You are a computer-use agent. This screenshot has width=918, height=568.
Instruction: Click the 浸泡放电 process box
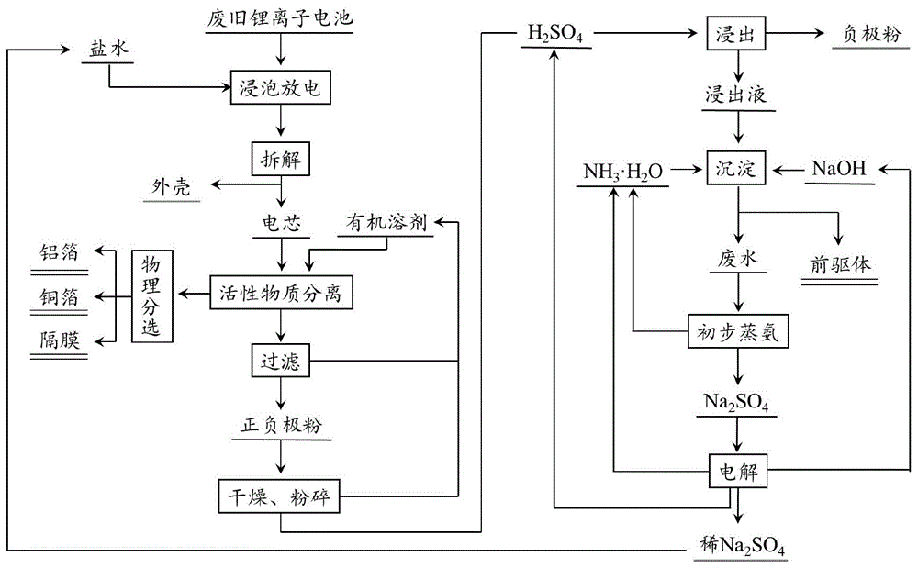point(280,88)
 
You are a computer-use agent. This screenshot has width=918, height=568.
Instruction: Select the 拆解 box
point(280,159)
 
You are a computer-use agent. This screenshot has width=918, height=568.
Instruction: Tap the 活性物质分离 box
point(281,293)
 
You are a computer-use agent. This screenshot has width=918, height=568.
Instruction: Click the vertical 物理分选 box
point(152,296)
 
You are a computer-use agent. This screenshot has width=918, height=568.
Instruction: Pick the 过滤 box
point(280,361)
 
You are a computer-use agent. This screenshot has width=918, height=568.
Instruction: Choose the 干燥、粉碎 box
point(279,496)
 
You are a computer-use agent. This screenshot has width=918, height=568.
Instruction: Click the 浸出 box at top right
point(736,33)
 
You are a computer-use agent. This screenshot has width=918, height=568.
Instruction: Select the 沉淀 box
point(736,169)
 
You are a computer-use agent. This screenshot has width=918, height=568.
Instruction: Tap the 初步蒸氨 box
point(738,331)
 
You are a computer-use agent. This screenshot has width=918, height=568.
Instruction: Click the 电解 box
point(738,471)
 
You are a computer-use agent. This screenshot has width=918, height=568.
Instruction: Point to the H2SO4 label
point(555,33)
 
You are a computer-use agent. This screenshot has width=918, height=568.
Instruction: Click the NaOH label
point(839,169)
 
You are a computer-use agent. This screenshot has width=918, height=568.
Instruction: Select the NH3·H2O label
point(623,172)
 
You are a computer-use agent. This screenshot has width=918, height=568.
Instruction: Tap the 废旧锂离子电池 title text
point(280,17)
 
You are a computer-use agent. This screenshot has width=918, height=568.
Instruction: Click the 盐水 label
point(108,48)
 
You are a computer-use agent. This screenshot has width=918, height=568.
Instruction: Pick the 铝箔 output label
point(59,252)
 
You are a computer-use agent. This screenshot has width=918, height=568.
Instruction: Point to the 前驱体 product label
point(840,264)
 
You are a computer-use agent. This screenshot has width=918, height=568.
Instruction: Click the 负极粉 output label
point(871,33)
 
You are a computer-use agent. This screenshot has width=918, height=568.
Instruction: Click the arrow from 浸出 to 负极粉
point(795,33)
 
